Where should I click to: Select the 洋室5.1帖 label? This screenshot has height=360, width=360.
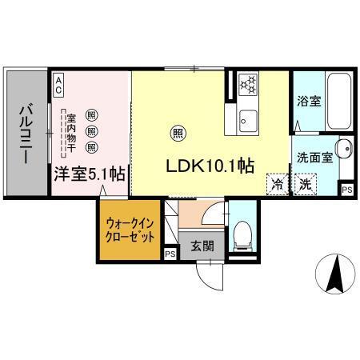[89, 173]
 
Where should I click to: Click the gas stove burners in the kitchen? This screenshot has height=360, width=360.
[246, 82]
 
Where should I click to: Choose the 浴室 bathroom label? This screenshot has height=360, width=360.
[309, 102]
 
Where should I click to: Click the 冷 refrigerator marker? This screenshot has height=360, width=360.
[277, 183]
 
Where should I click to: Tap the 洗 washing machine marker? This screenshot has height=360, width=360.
[305, 183]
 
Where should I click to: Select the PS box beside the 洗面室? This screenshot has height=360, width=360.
[346, 189]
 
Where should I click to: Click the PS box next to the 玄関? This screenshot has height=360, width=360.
[170, 254]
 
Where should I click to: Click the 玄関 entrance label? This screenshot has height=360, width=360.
[201, 247]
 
